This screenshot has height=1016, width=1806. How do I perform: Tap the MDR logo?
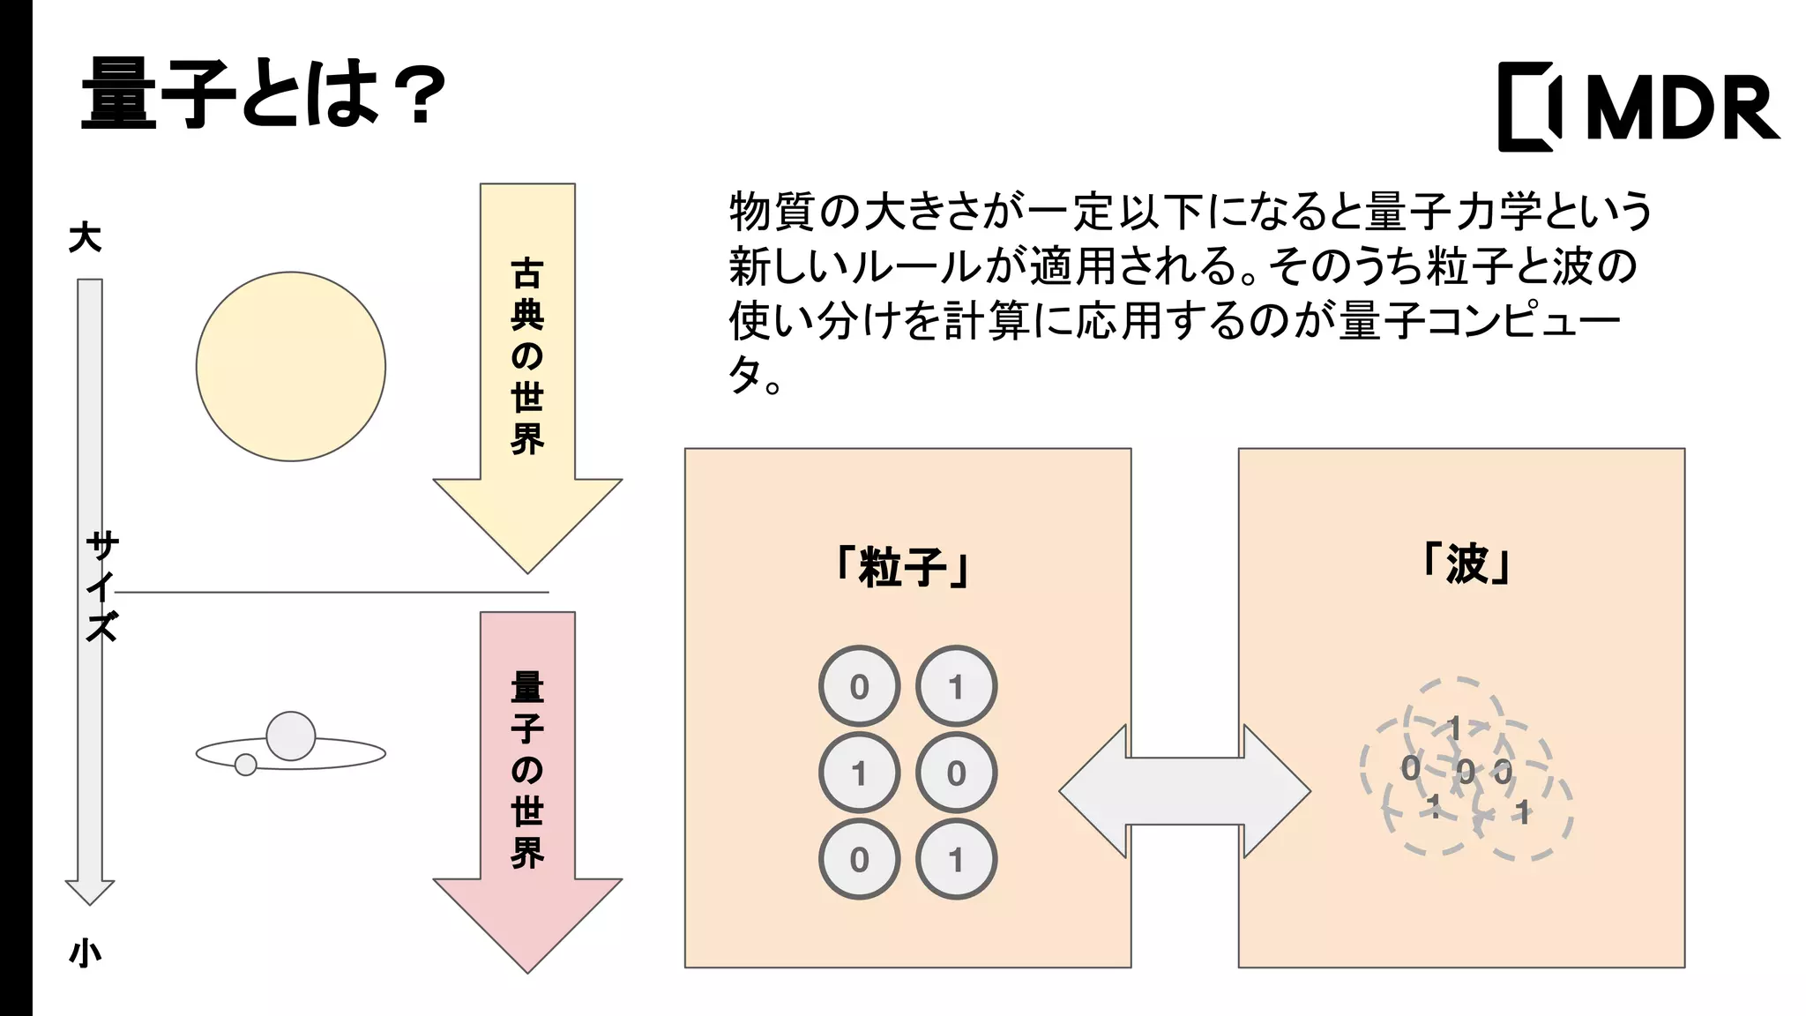[1638, 107]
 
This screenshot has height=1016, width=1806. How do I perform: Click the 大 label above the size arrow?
[86, 237]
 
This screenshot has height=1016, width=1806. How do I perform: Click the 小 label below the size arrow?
[86, 953]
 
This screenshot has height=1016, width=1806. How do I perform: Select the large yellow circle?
[291, 366]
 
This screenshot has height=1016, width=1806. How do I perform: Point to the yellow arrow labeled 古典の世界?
[527, 370]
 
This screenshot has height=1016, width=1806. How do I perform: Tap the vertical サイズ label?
[102, 586]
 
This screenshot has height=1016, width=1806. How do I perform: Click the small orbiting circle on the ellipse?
[246, 765]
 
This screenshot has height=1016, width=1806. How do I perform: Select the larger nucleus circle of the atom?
[291, 736]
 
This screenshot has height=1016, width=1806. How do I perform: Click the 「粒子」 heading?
[905, 566]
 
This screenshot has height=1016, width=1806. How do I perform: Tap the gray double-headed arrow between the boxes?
[1184, 791]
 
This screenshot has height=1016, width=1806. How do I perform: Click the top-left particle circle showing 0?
[859, 686]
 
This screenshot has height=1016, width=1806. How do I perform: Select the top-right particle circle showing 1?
[956, 686]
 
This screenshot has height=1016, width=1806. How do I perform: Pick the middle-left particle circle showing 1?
[859, 773]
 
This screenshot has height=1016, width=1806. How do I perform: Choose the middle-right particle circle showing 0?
[956, 773]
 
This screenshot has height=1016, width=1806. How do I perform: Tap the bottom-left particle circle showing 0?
[859, 859]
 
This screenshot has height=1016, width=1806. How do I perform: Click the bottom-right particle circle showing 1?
[956, 859]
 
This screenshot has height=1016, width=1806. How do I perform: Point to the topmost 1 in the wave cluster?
[1454, 728]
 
